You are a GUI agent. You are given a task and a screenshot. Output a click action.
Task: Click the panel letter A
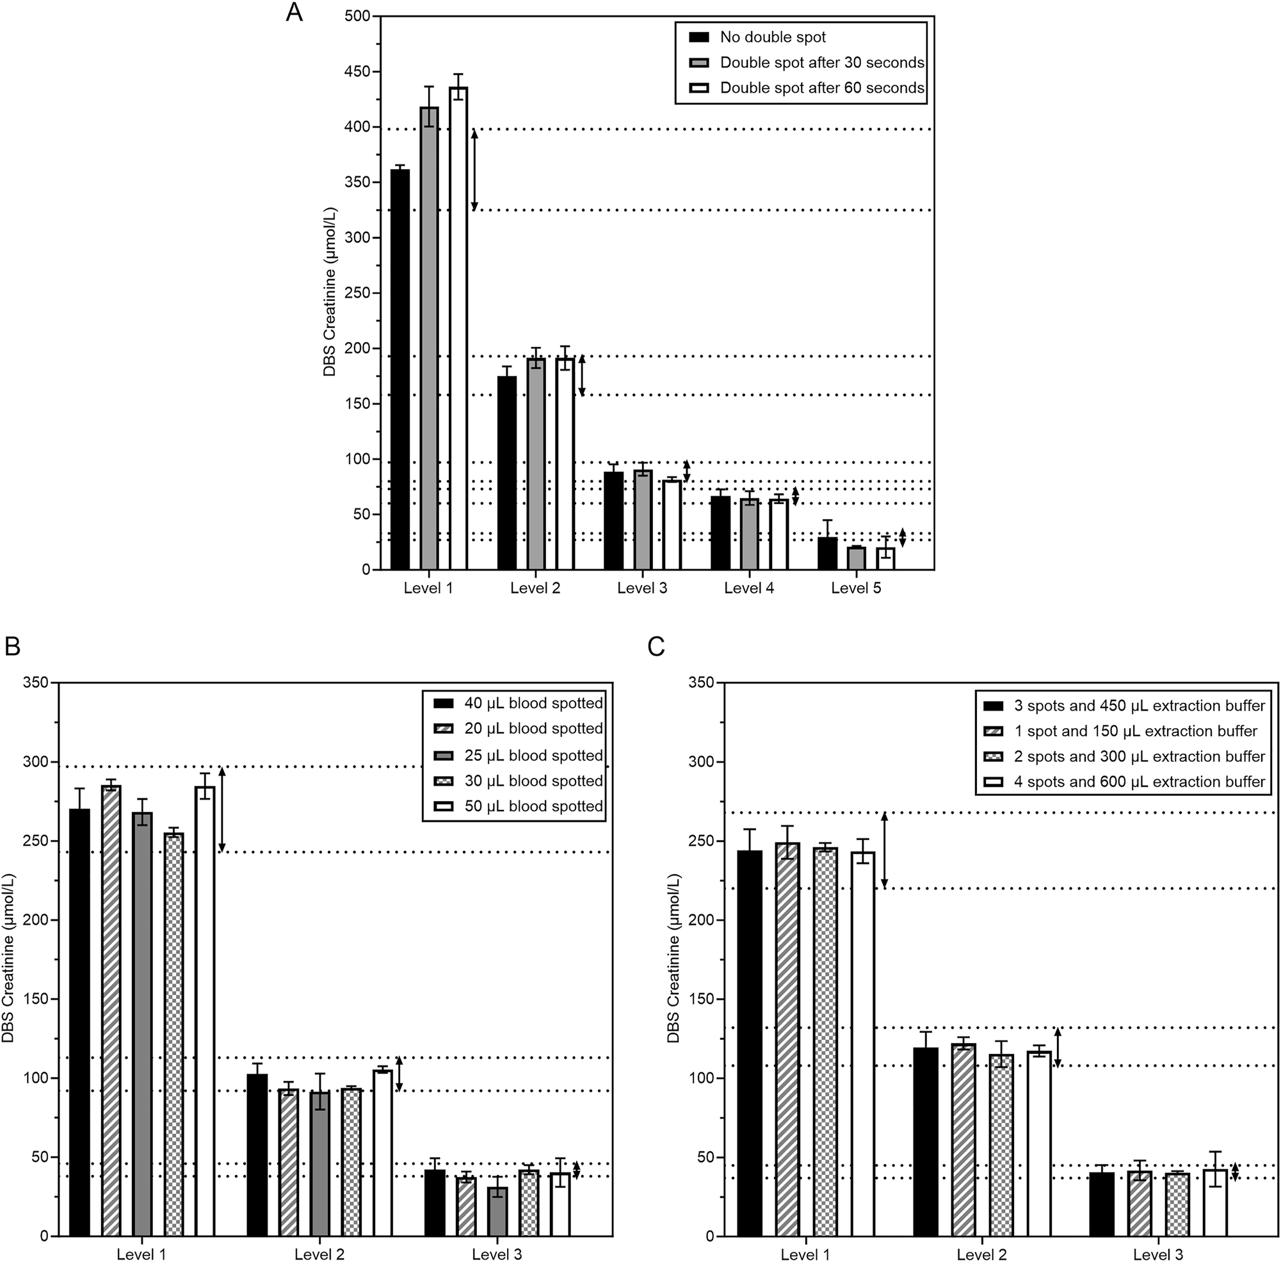click(294, 13)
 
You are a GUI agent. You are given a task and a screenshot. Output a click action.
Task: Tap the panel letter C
click(656, 646)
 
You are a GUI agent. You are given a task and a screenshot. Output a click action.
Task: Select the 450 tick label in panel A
click(357, 72)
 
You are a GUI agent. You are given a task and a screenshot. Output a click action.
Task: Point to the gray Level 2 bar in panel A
click(535, 464)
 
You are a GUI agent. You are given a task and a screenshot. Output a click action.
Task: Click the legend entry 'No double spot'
click(773, 37)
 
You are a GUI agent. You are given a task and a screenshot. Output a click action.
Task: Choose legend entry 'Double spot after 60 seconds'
click(822, 88)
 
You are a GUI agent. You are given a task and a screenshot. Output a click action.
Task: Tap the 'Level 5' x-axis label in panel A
click(855, 588)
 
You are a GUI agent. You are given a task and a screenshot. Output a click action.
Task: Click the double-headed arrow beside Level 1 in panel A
click(474, 170)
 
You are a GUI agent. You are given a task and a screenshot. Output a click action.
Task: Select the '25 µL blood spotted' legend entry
click(533, 756)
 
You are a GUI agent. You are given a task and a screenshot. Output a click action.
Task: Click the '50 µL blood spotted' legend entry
click(533, 807)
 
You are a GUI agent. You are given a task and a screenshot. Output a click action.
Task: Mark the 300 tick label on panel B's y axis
click(36, 761)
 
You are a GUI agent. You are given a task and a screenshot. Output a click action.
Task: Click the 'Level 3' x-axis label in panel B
click(496, 1254)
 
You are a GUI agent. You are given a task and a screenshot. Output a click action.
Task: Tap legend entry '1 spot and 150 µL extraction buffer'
click(1134, 731)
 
